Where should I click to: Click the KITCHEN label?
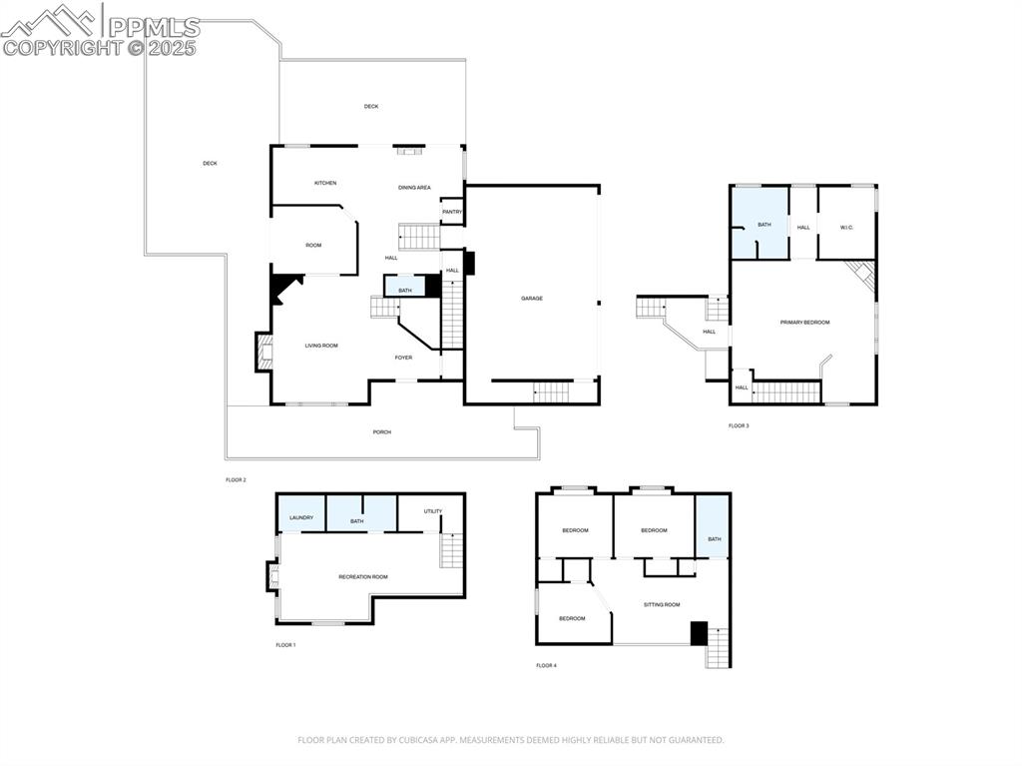(325, 183)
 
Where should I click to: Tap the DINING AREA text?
(414, 187)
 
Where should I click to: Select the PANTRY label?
(452, 212)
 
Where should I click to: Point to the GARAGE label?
(531, 298)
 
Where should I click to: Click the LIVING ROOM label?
(321, 346)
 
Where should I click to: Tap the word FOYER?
(403, 358)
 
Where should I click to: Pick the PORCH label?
(381, 431)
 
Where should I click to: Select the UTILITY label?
(432, 511)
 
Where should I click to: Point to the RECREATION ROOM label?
(362, 576)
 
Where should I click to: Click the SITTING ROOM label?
(661, 604)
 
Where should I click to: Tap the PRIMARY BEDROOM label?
(804, 322)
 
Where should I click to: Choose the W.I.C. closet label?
(846, 228)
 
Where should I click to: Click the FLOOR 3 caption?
(739, 425)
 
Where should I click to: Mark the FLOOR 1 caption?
(285, 645)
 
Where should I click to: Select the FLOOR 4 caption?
(546, 665)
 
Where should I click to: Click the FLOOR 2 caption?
(235, 480)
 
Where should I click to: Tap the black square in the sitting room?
(699, 633)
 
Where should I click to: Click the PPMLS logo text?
(154, 27)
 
